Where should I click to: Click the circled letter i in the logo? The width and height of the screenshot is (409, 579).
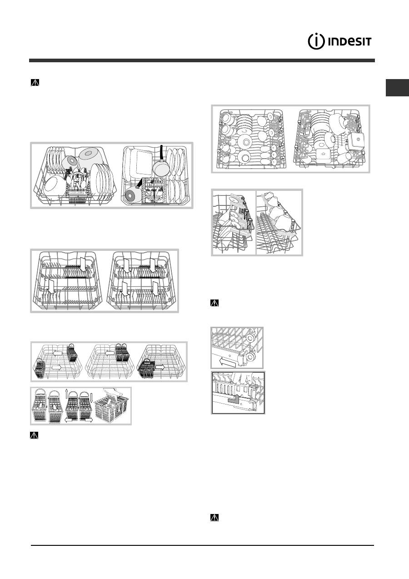point(316,41)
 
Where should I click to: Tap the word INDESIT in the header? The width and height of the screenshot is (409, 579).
point(349,42)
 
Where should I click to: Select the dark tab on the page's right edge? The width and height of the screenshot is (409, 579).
point(397,88)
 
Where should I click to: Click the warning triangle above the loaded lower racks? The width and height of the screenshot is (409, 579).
point(35,82)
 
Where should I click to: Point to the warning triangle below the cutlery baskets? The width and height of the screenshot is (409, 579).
point(34,435)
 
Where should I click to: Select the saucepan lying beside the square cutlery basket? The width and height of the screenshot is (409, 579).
point(133,191)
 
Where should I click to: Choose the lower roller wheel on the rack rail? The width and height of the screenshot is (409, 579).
point(250,357)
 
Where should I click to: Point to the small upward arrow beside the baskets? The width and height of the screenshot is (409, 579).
point(66,394)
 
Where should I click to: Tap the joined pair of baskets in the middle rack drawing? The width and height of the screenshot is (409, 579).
point(120,352)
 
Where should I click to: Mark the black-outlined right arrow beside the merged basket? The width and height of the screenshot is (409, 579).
point(160,367)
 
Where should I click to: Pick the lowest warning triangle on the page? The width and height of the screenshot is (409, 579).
point(214,518)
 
